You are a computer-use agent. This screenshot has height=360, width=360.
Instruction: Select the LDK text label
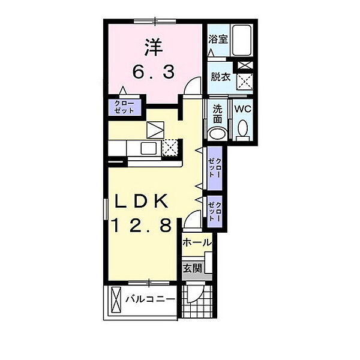pyautogui.click(x=143, y=201)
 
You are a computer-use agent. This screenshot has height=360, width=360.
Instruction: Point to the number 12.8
pyautogui.click(x=144, y=226)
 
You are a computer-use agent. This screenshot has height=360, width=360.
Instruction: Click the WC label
pyautogui.click(x=242, y=109)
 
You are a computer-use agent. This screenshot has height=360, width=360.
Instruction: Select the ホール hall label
pyautogui.click(x=197, y=242)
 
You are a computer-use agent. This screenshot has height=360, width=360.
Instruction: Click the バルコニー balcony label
pyautogui.click(x=150, y=299)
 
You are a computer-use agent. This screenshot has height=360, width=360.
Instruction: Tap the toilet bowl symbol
pyautogui.click(x=243, y=128)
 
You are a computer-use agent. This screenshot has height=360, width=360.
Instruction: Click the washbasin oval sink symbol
pyautogui.click(x=217, y=133)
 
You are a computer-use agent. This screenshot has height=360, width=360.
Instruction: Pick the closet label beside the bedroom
pyautogui.click(x=124, y=107)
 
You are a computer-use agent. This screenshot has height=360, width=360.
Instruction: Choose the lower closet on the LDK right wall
pyautogui.click(x=214, y=211)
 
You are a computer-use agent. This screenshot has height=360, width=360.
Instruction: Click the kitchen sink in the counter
pyautogui.click(x=148, y=148)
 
